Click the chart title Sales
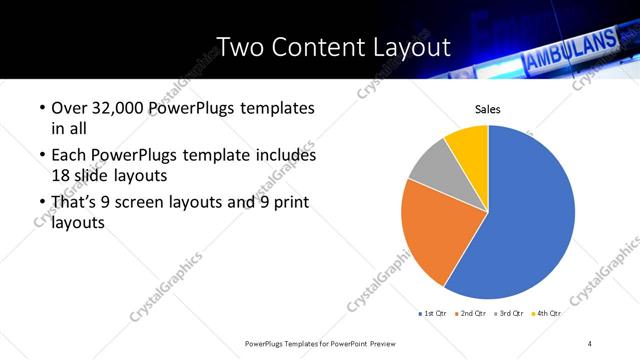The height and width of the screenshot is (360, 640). point(488,109)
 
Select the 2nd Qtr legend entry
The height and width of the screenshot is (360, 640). point(473,314)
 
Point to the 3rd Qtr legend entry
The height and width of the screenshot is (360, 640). point(510,314)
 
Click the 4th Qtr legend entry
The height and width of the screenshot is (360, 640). point(547,314)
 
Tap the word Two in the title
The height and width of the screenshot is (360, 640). point(240,47)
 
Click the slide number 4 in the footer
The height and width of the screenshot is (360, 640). point(590,343)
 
